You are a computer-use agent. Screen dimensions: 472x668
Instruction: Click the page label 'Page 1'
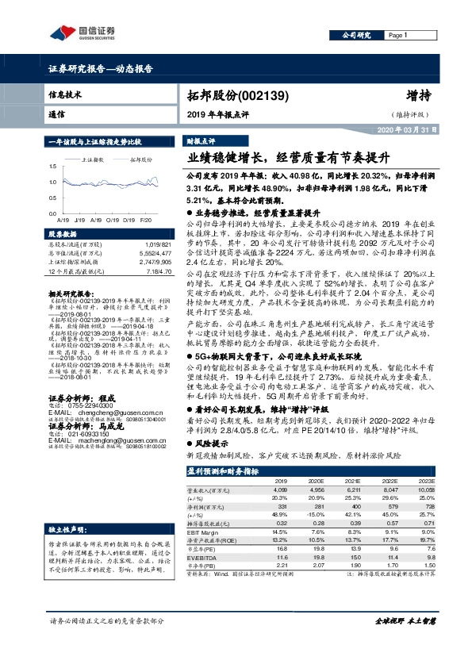tap(397, 36)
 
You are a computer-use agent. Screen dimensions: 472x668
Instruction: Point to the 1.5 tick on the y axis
tap(53, 167)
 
